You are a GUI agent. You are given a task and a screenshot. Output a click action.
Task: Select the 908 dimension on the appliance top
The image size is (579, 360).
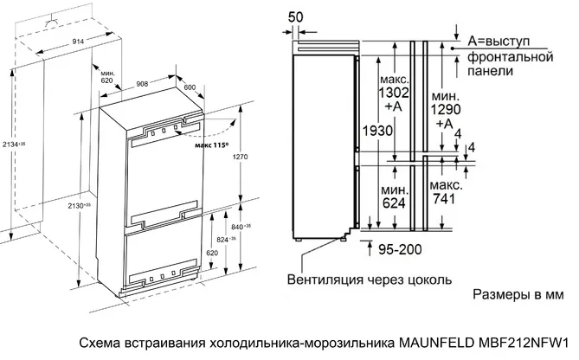point(145,84)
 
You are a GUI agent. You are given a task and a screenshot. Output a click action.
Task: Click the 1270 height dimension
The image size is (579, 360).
point(241,158)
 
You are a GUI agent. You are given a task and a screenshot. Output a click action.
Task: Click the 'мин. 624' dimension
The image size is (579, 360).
point(394,196)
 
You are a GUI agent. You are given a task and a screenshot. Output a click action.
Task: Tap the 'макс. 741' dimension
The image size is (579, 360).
point(445,193)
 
